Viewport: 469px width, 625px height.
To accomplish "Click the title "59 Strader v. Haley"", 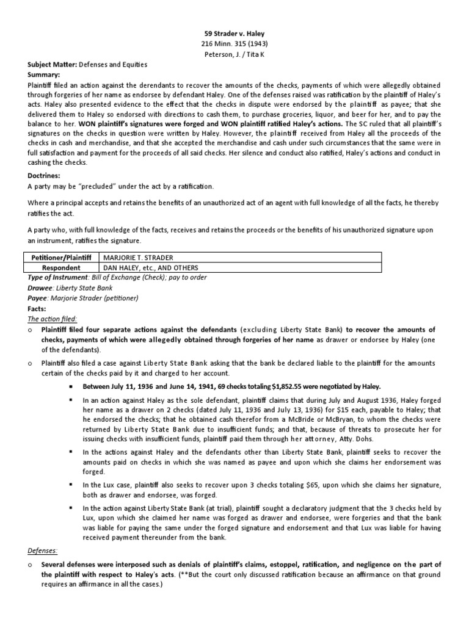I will [x=234, y=34].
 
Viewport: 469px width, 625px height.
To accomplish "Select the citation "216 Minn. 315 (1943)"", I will [x=234, y=44].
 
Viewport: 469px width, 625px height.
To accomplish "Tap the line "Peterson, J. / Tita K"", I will [x=234, y=54].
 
